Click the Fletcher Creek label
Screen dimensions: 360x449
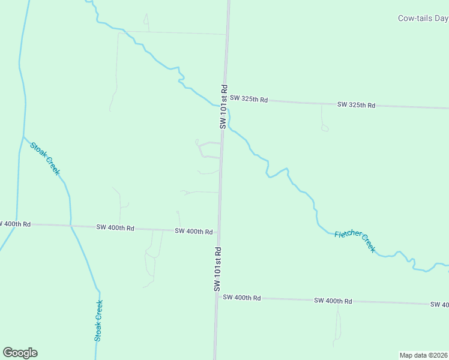tap(355, 241)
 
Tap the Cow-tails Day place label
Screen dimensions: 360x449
tap(423, 18)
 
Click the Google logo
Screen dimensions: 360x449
tap(20, 353)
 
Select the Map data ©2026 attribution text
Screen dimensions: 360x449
tap(424, 355)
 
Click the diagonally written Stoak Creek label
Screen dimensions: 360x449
tap(45, 158)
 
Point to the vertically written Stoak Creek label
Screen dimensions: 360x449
tap(98, 320)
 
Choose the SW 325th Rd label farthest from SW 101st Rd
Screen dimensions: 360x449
tap(356, 105)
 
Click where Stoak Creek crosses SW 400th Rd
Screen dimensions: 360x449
tap(71, 226)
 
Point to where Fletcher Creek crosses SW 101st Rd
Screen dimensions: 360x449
tap(224, 106)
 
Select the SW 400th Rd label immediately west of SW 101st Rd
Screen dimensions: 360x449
tap(194, 231)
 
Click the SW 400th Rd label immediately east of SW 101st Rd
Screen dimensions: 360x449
tap(241, 298)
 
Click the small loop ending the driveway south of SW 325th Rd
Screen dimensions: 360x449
tap(325, 128)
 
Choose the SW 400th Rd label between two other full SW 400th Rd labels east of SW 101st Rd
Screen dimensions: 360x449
tap(333, 301)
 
